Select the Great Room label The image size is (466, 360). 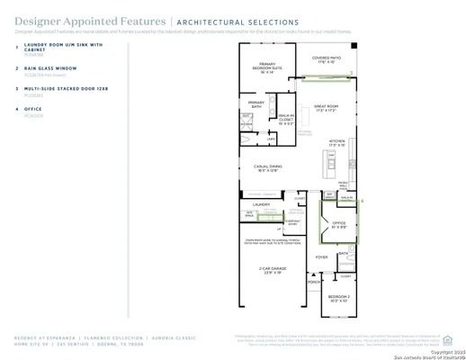click(x=326, y=110)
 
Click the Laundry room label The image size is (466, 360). click(x=262, y=204)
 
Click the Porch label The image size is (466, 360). click(x=314, y=282)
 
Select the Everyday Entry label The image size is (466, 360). click(x=293, y=220)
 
